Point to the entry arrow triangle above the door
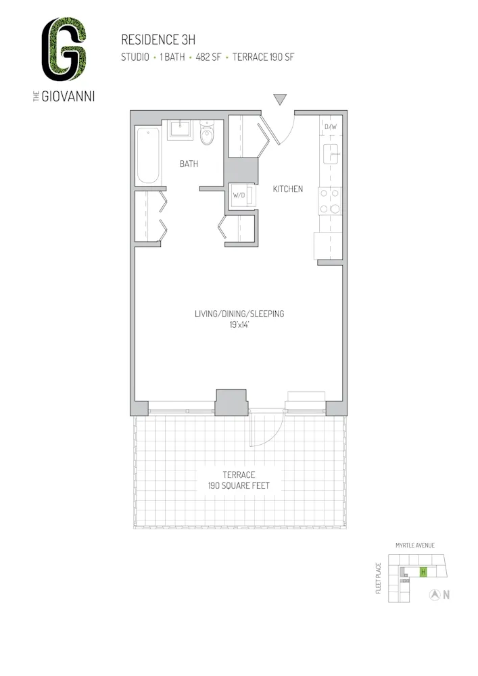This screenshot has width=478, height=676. click(x=281, y=99)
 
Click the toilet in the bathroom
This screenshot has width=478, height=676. click(x=208, y=135)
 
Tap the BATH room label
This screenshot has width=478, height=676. click(x=189, y=164)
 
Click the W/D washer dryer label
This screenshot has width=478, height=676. click(x=238, y=196)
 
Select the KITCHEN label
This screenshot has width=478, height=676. click(x=287, y=189)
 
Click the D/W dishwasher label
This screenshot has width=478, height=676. click(x=331, y=126)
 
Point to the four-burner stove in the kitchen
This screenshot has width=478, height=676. click(x=331, y=200)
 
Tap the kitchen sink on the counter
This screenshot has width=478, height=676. click(x=332, y=155)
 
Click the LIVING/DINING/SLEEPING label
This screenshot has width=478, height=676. click(x=239, y=314)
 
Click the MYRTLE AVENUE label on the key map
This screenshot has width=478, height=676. click(x=414, y=545)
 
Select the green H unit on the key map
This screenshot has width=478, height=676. click(x=423, y=572)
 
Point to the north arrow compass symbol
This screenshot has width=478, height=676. click(x=436, y=595)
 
